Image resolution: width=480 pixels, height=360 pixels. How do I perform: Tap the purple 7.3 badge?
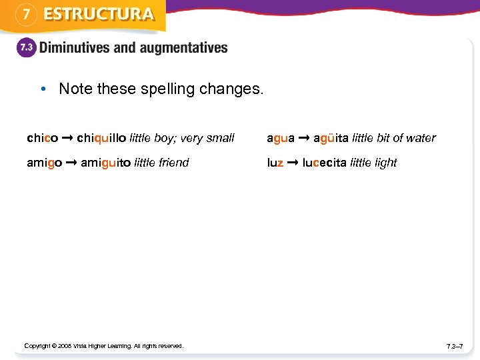tap(26, 49)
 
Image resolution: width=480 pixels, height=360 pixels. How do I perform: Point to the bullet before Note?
tap(43, 89)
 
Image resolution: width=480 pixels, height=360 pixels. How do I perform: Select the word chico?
tap(42, 138)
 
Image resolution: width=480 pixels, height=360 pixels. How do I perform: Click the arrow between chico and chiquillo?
tap(67, 138)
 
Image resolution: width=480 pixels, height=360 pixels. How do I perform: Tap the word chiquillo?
tap(101, 138)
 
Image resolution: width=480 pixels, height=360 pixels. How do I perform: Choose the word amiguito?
tap(105, 163)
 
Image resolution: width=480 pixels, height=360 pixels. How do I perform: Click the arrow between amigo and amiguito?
tap(72, 163)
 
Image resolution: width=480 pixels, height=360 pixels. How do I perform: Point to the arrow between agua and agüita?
tap(304, 138)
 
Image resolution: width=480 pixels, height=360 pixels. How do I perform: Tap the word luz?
tap(275, 163)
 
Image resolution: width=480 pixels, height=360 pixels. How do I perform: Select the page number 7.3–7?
tap(455, 346)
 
